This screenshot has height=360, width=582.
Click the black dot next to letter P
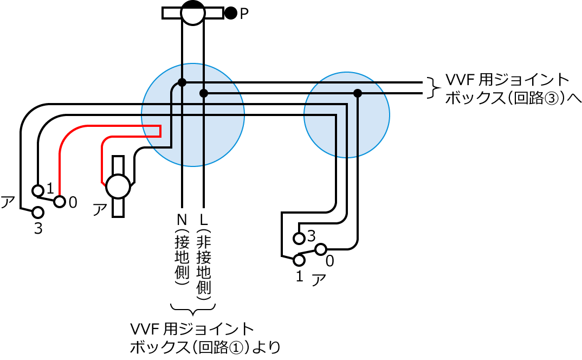pyautogui.click(x=231, y=13)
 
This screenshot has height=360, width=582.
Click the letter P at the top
pyautogui.click(x=244, y=14)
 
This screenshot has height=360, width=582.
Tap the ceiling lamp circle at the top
pyautogui.click(x=192, y=12)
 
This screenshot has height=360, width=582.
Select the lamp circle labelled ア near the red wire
pyautogui.click(x=118, y=187)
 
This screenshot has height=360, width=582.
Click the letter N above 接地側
pyautogui.click(x=182, y=220)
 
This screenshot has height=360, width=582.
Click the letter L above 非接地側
pyautogui.click(x=204, y=220)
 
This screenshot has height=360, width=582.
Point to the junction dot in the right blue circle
pyautogui.click(x=358, y=93)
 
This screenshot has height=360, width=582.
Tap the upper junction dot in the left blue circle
pyautogui.click(x=182, y=82)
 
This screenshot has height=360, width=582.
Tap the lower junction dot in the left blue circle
pyautogui.click(x=204, y=93)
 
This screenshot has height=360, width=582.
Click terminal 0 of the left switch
pyautogui.click(x=60, y=202)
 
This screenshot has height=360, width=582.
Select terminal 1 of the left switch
pyautogui.click(x=37, y=190)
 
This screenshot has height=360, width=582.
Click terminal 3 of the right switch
pyautogui.click(x=299, y=238)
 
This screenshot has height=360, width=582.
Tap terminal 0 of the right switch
pyautogui.click(x=320, y=249)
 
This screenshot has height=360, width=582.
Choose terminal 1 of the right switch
pyautogui.click(x=299, y=260)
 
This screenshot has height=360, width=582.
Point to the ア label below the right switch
pyautogui.click(x=319, y=280)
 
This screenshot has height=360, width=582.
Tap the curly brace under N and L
pyautogui.click(x=193, y=310)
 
